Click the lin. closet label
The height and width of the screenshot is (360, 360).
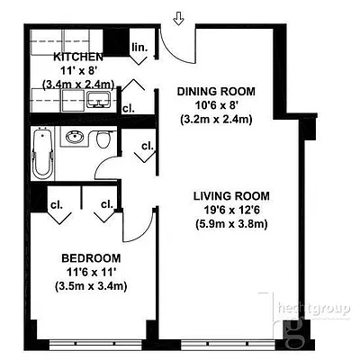pos(139,47)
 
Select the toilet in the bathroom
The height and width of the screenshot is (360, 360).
pos(104,140)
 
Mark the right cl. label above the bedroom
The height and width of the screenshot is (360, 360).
pos(106,203)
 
